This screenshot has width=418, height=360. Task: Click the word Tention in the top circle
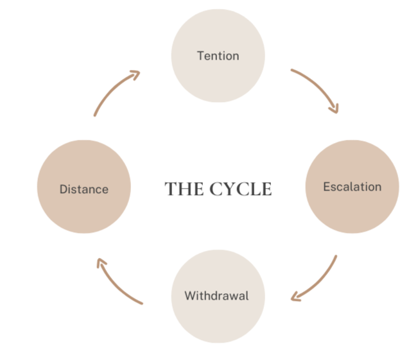(218, 56)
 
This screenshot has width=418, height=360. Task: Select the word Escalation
(352, 187)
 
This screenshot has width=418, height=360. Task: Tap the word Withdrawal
(216, 296)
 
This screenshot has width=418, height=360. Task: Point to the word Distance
(84, 189)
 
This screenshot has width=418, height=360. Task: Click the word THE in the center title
(181, 189)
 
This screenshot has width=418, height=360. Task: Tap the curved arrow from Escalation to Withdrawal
(321, 282)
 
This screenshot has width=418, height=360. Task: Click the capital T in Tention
(200, 56)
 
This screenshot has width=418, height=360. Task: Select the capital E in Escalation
(327, 187)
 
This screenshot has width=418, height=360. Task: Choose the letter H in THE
(181, 189)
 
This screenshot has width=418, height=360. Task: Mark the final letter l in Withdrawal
(247, 296)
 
